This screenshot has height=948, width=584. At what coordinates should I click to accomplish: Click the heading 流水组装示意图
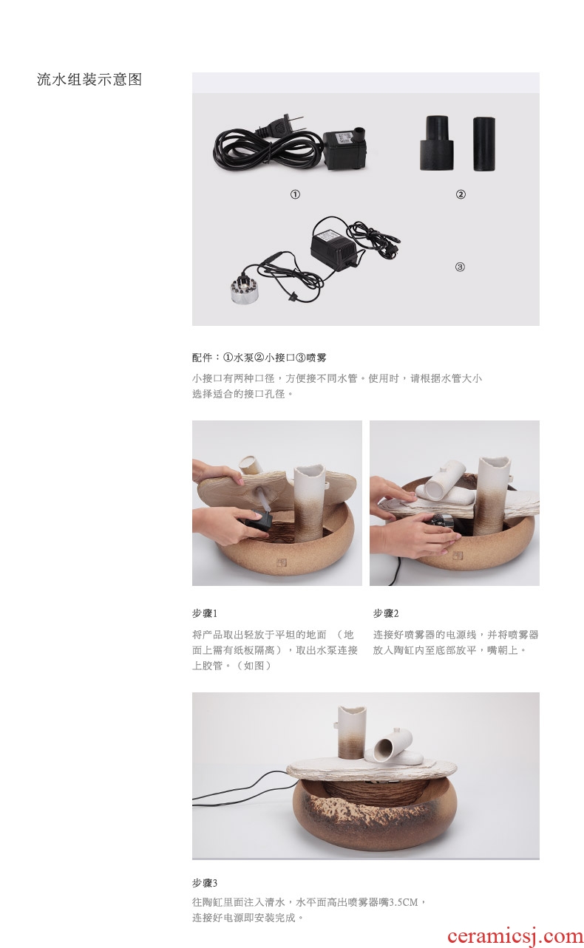pos(89,80)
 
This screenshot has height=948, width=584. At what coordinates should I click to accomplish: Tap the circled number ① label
pos(295,194)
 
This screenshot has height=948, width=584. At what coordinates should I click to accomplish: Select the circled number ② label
pos(461,194)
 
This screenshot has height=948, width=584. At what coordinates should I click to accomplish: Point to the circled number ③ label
pos(460,267)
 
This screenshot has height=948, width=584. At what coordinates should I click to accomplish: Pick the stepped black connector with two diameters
pos(437,143)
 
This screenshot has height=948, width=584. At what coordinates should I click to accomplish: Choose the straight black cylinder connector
pos(483,143)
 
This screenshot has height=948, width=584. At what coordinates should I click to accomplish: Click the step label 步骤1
pos(205,613)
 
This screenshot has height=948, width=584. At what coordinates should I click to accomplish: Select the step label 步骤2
pos(386,613)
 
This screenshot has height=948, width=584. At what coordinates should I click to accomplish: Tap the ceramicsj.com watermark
pos(515,937)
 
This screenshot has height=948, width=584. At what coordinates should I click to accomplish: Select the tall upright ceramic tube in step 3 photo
pos(351,732)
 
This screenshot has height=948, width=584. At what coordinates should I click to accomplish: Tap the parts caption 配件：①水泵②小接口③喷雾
pos(259,358)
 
